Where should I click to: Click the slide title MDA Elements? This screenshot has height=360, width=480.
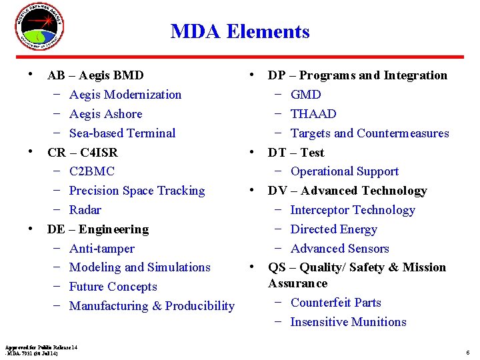coord(240,31)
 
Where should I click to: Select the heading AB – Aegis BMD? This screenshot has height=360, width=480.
coord(95,75)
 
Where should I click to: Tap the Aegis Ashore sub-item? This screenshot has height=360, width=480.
coord(105,114)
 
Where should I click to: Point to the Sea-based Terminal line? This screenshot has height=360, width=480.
coord(122,133)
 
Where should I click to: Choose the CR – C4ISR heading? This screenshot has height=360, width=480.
coord(82,152)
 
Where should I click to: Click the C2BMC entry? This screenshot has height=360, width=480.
coord(92,171)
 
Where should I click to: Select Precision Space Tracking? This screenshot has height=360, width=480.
coord(137,191)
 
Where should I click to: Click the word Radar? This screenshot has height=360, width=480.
coord(85,210)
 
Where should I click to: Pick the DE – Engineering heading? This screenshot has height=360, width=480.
coord(97,229)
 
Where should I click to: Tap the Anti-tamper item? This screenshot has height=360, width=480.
coord(101,249)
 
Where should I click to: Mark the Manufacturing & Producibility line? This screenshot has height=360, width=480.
coord(151,306)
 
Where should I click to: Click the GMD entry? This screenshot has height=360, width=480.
coord(306,95)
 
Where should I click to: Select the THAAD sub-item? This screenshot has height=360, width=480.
coord(313,114)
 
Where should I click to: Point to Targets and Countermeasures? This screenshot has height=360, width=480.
coord(369,133)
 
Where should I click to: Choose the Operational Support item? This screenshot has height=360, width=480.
coord(344,171)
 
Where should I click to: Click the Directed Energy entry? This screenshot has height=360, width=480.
coord(333,229)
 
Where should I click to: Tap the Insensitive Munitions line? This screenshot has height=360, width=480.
coord(348,322)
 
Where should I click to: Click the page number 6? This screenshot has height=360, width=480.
coord(468,352)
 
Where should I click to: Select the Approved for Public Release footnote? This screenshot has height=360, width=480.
coord(41,350)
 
